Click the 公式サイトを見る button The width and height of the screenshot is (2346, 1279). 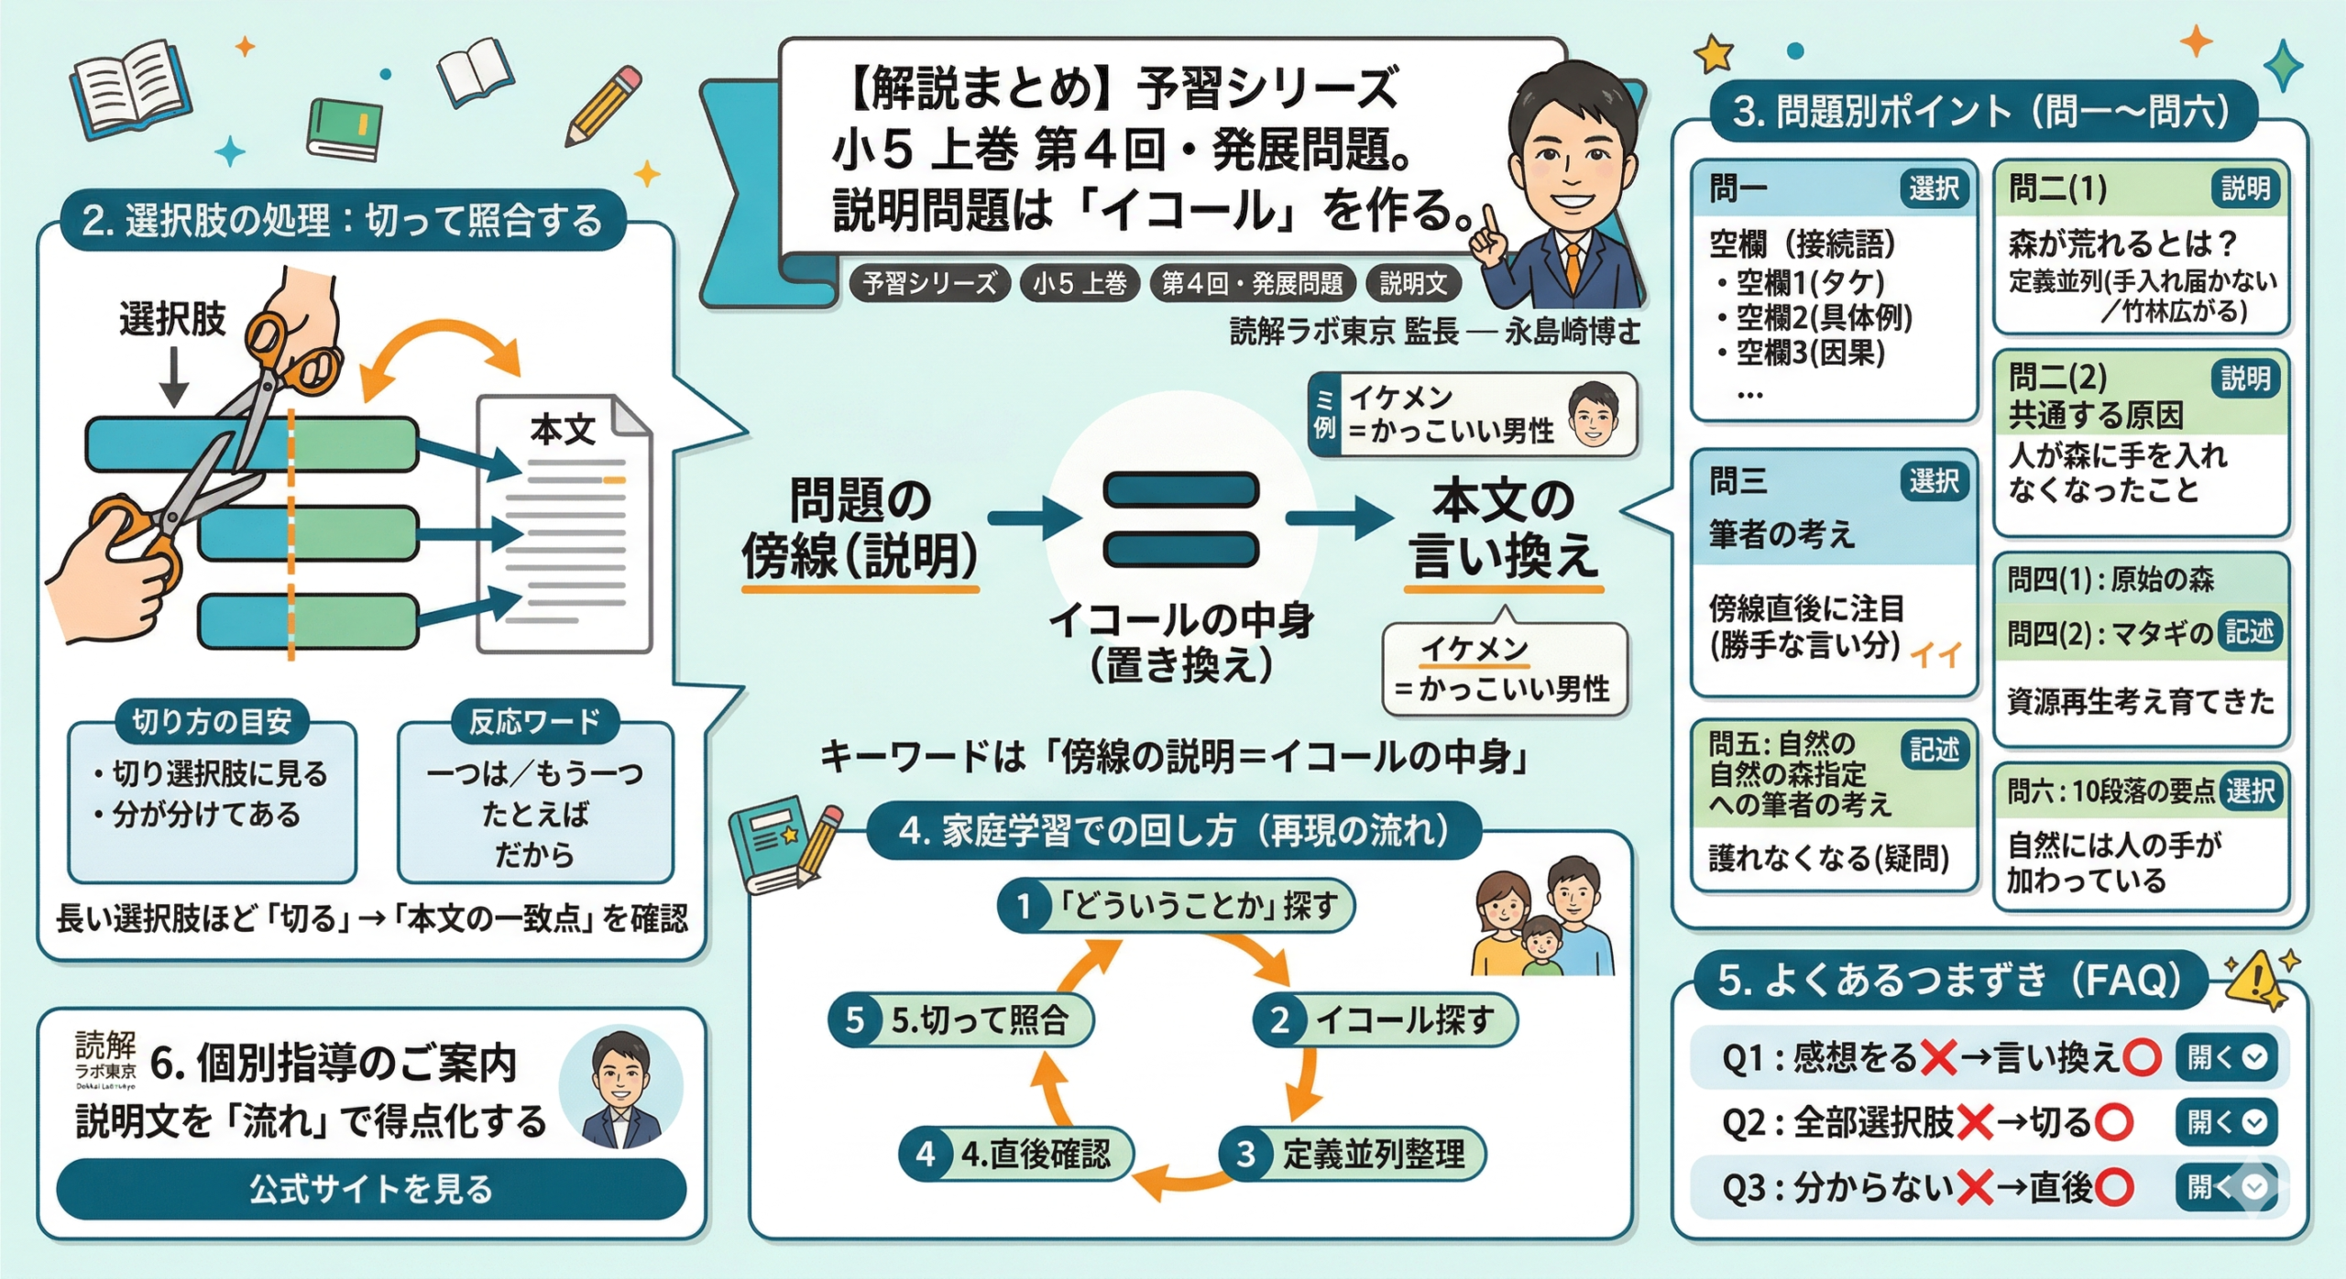click(x=370, y=1189)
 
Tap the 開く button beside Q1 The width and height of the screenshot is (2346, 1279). click(x=2226, y=1057)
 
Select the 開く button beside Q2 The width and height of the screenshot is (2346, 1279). click(x=2226, y=1121)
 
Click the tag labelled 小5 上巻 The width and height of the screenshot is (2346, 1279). click(x=1080, y=283)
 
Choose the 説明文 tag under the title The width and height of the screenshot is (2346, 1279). click(x=1413, y=283)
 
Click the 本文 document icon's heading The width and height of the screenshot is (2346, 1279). click(x=562, y=430)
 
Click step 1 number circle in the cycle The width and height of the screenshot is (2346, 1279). click(x=1024, y=906)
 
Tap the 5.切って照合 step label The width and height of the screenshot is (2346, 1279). click(x=980, y=1020)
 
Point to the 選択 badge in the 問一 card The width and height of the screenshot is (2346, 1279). click(x=1934, y=189)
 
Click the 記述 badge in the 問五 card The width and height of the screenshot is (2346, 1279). click(x=1934, y=750)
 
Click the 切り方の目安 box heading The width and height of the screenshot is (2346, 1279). click(x=212, y=722)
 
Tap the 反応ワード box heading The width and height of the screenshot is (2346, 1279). click(x=534, y=722)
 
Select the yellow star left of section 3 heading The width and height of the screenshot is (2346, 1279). click(x=1713, y=54)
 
